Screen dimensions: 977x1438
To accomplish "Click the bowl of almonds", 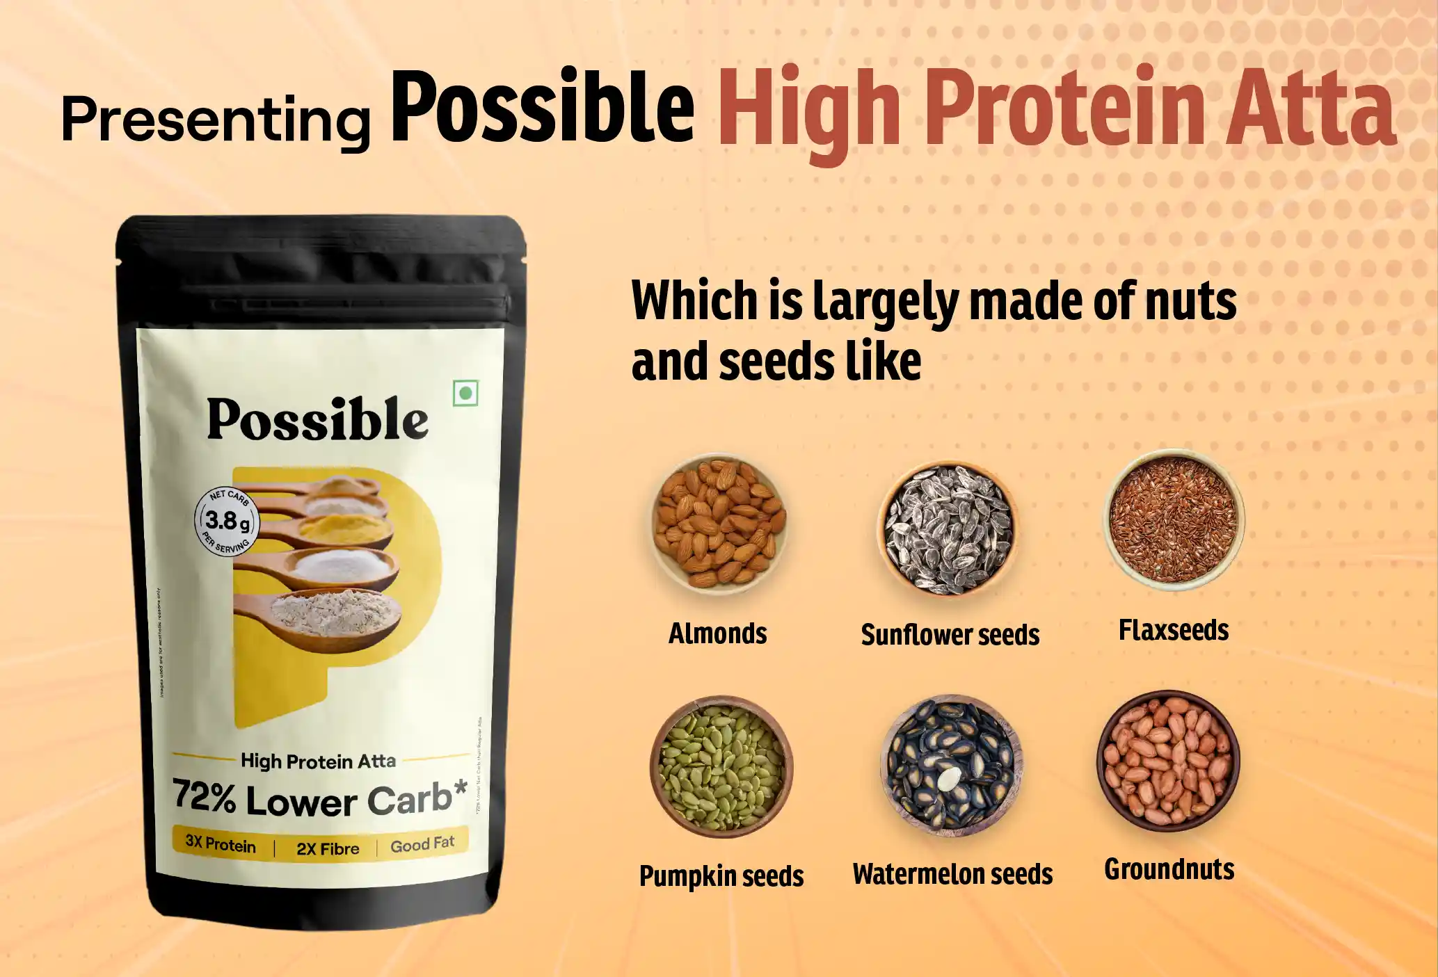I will click(x=719, y=522).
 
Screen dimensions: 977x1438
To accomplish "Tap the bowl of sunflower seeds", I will click(x=947, y=528).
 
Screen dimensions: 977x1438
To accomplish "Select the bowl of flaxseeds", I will click(x=1174, y=519).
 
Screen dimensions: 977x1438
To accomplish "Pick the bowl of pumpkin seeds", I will click(x=721, y=766).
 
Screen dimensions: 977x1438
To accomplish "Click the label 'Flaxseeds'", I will click(x=1174, y=630).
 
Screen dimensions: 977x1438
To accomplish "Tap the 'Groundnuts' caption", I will click(x=1169, y=869).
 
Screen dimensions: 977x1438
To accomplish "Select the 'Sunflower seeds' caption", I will click(x=950, y=634).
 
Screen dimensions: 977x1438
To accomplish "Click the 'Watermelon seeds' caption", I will click(x=952, y=874).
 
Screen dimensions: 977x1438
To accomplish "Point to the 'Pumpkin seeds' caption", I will click(x=721, y=875).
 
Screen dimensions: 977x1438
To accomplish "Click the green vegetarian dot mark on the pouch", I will click(x=465, y=394).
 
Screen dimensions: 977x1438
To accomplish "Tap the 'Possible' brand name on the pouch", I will click(x=317, y=419).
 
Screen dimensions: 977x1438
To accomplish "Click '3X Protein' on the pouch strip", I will click(x=221, y=845).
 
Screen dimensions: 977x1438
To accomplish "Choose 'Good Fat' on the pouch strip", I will click(x=422, y=844).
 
